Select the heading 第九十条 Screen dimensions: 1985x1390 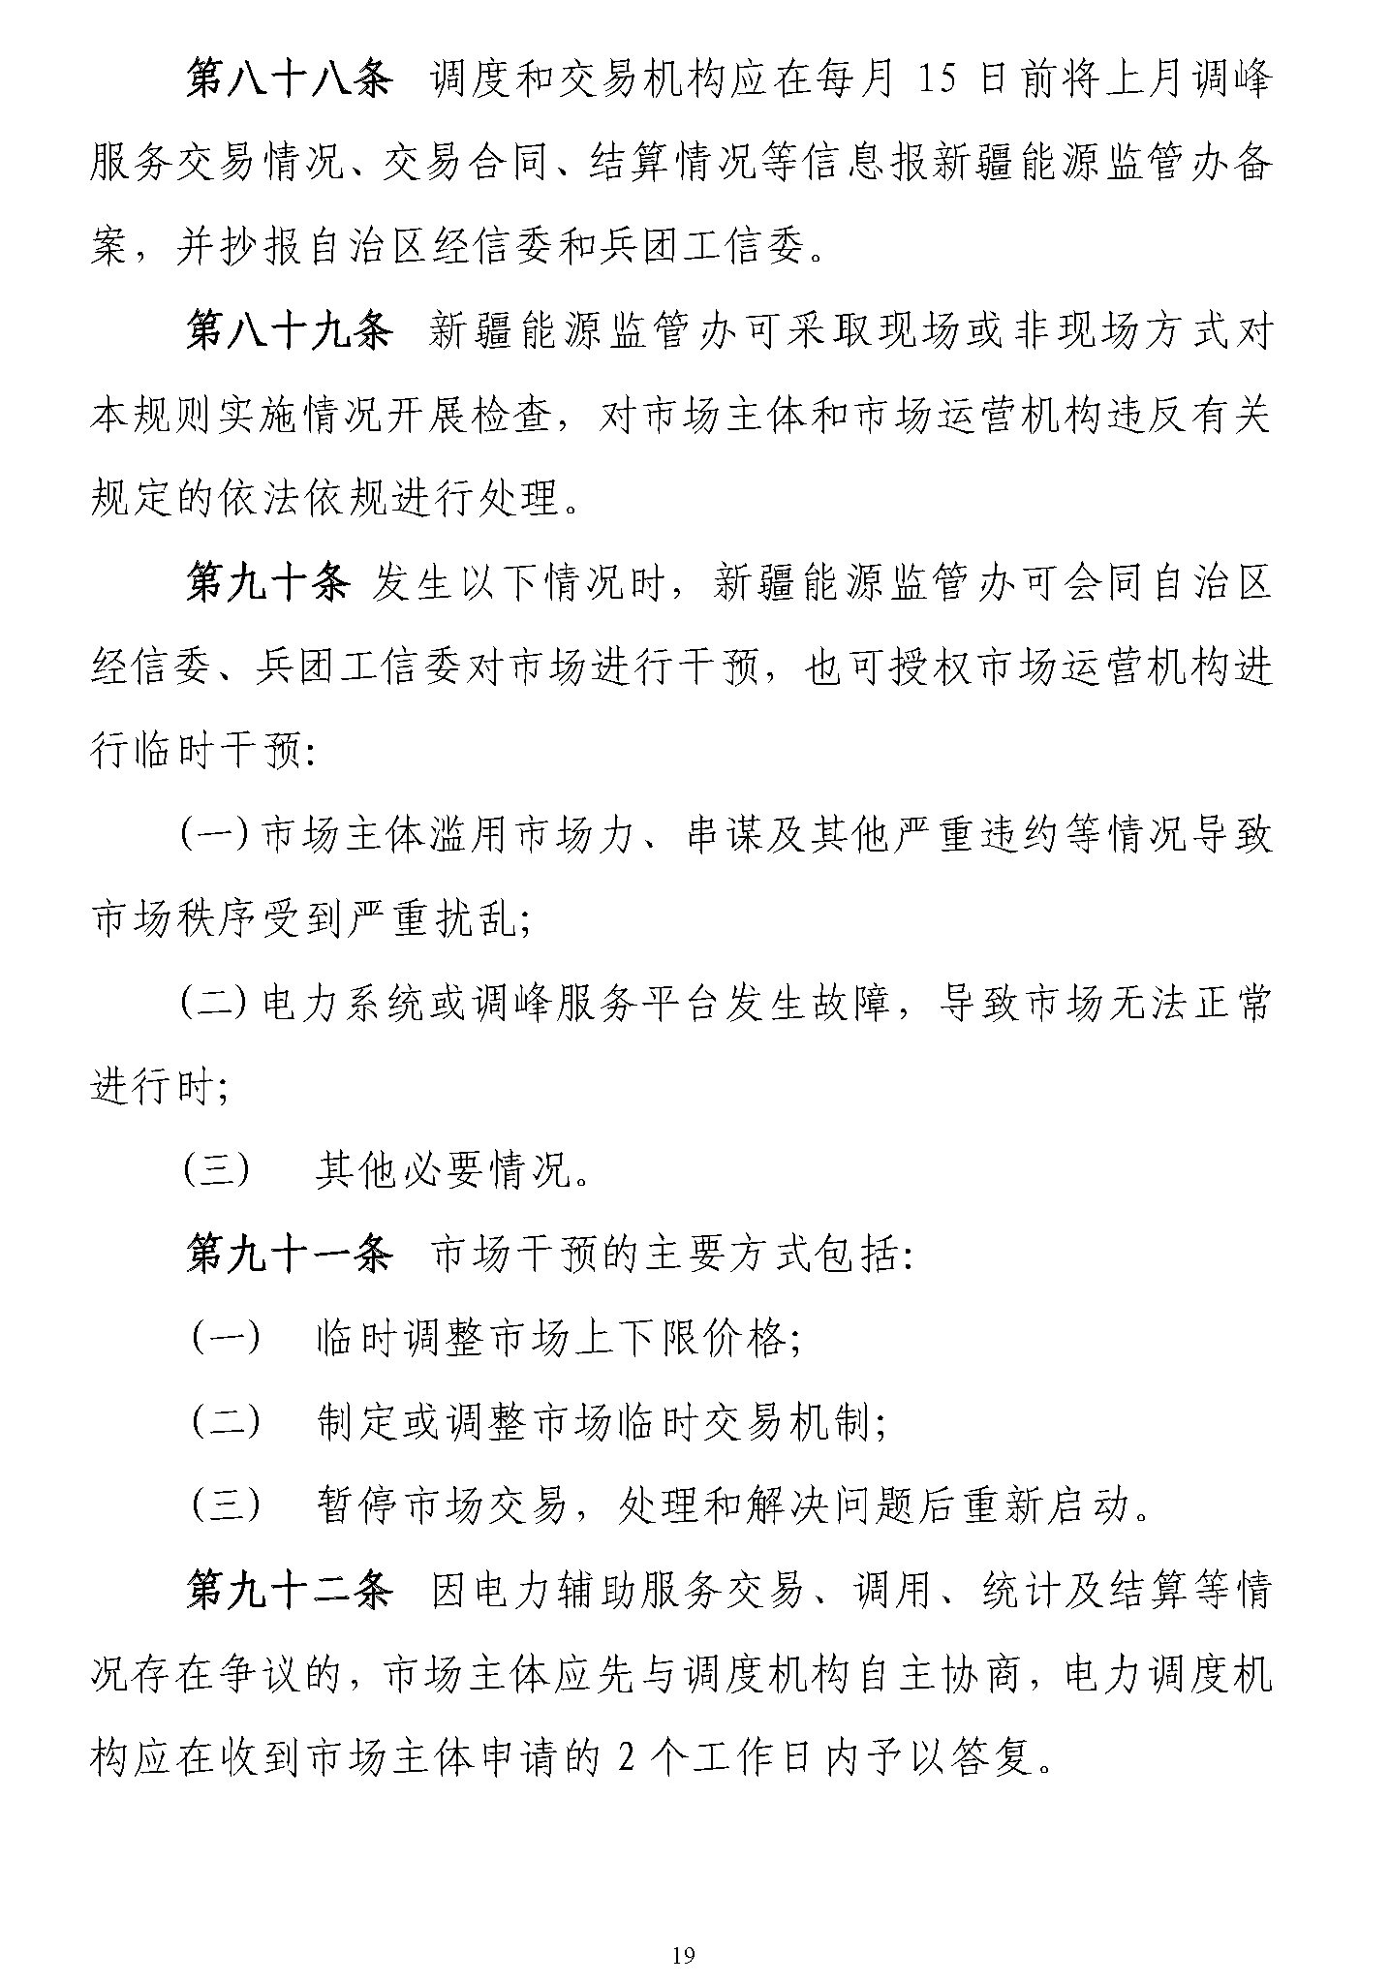(x=267, y=583)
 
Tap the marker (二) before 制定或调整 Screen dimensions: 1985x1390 (x=226, y=1424)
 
